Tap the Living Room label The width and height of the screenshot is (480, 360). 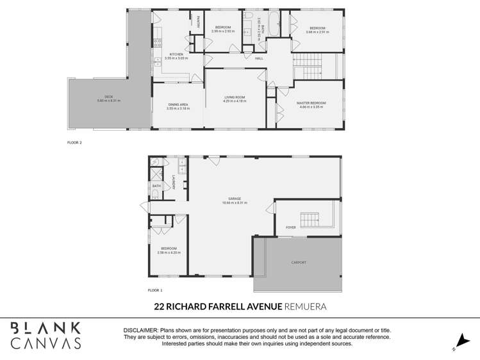click(x=235, y=97)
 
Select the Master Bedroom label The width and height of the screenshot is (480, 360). click(x=311, y=102)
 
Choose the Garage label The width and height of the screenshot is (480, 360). click(x=235, y=199)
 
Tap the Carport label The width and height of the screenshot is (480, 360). click(x=299, y=263)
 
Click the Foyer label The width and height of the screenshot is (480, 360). click(x=290, y=227)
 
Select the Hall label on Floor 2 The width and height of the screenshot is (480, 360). click(x=260, y=58)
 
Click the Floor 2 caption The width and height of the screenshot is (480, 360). click(x=75, y=142)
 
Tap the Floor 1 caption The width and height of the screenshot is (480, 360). click(x=156, y=290)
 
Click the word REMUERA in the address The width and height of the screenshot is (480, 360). click(x=306, y=307)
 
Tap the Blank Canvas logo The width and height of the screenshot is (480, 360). click(x=46, y=335)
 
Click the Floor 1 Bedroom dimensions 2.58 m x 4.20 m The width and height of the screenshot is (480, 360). click(x=169, y=252)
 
